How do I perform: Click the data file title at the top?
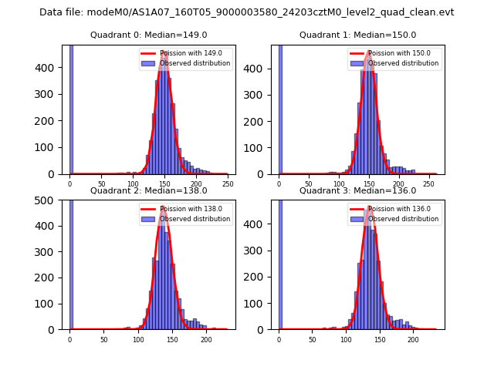point(246,12)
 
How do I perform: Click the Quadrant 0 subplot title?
point(148,35)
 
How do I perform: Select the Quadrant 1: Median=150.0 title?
point(357,35)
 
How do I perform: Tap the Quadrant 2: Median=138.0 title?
point(148,190)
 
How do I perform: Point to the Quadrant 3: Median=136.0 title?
point(357,190)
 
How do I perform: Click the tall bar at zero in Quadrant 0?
point(70,108)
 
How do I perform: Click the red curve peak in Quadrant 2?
point(164,207)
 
